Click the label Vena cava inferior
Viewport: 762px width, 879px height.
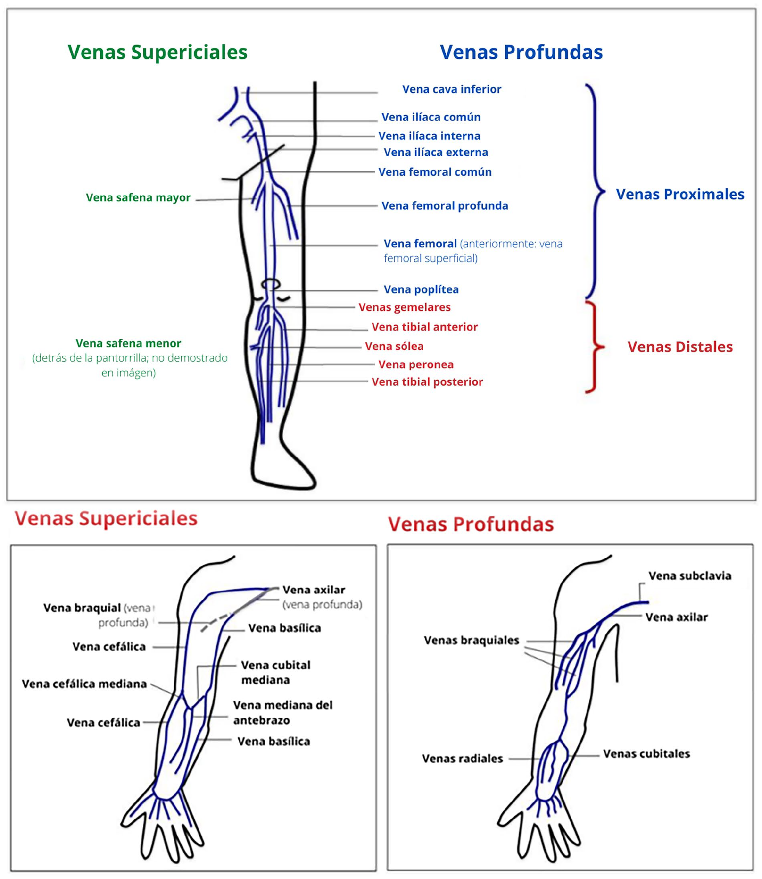pyautogui.click(x=452, y=89)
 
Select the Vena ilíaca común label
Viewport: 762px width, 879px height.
pyautogui.click(x=431, y=117)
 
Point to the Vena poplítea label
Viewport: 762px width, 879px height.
pyautogui.click(x=421, y=290)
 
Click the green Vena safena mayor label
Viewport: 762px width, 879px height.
pyautogui.click(x=138, y=198)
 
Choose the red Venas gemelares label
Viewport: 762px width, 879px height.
pyautogui.click(x=405, y=307)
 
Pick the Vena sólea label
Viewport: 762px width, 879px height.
pyautogui.click(x=394, y=346)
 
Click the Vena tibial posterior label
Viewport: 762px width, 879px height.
pyautogui.click(x=427, y=382)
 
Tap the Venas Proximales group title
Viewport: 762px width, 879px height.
pyautogui.click(x=680, y=194)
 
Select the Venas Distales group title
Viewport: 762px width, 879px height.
pyautogui.click(x=680, y=347)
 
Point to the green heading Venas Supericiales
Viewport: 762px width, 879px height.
pyautogui.click(x=157, y=52)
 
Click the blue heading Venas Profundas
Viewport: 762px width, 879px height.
pyautogui.click(x=521, y=52)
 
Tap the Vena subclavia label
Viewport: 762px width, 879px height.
pyautogui.click(x=689, y=576)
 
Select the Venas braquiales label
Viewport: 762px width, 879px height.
pyautogui.click(x=471, y=640)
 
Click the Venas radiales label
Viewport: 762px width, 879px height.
pyautogui.click(x=462, y=759)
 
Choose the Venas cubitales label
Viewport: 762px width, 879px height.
pyautogui.click(x=646, y=754)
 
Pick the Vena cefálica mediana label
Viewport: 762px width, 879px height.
pyautogui.click(x=84, y=684)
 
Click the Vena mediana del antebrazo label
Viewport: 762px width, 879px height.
pyautogui.click(x=283, y=713)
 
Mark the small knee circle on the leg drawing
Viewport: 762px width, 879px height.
pyautogui.click(x=271, y=284)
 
